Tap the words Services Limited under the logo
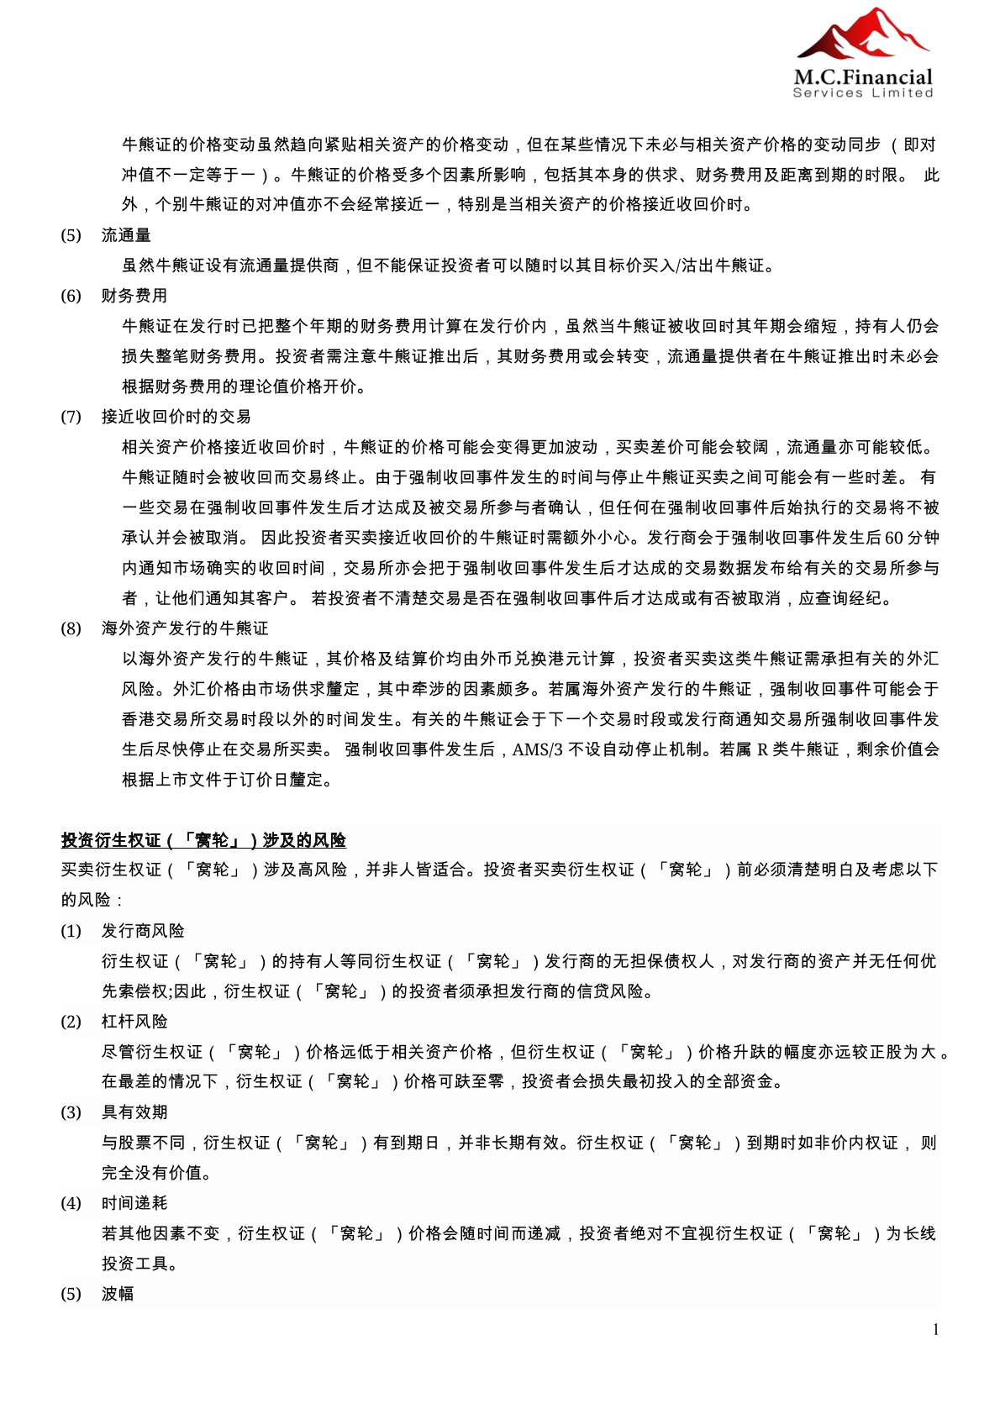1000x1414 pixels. pos(863,92)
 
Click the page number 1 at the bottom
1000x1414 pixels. pos(935,1329)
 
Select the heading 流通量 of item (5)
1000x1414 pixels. pos(126,235)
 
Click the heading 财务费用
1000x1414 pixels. pos(134,296)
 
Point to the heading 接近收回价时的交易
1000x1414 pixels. pos(176,417)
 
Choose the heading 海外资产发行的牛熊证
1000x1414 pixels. pos(185,628)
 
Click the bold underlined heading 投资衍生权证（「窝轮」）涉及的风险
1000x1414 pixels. pos(203,840)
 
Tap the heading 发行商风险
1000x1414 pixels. pos(143,931)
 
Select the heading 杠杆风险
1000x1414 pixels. pos(134,1022)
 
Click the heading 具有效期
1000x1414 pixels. pos(134,1112)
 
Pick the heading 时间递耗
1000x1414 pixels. pos(134,1203)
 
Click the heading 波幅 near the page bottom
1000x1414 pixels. pos(118,1294)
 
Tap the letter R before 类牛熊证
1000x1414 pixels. pos(762,749)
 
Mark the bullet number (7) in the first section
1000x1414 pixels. pos(71,417)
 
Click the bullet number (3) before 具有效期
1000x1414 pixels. pos(71,1112)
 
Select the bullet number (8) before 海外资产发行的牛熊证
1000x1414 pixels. pos(71,628)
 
